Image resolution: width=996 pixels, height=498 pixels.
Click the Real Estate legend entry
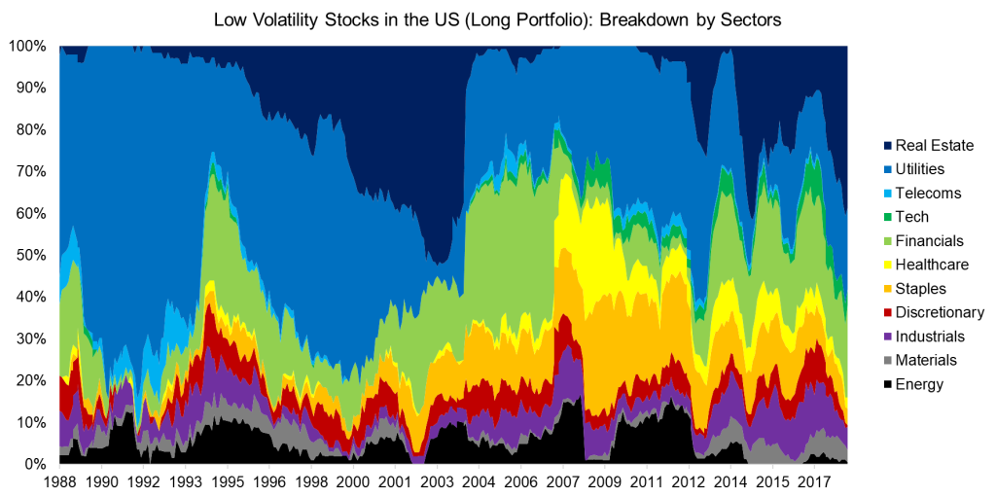coord(934,146)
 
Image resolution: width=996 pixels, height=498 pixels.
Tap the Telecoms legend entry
coord(928,194)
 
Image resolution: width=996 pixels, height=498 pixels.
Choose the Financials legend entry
coord(930,241)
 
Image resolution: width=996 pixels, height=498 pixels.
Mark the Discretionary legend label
coord(940,312)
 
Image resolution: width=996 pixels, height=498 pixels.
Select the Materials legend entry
coord(927,360)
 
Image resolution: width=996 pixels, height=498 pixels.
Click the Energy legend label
coord(919,384)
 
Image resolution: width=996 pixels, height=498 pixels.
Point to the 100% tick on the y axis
coord(26,46)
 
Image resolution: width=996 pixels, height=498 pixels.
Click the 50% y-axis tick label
coord(29,255)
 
